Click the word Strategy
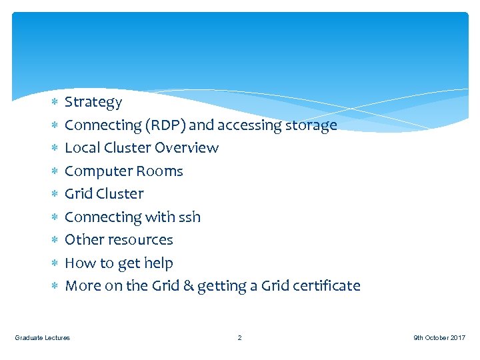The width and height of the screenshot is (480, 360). (x=93, y=102)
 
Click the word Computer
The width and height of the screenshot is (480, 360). (x=98, y=171)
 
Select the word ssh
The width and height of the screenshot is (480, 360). (x=190, y=217)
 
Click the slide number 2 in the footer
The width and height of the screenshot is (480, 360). (x=240, y=338)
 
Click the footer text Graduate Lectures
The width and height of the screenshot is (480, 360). (x=43, y=338)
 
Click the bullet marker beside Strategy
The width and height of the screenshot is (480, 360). (x=55, y=103)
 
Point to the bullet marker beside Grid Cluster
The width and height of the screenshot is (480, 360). (x=55, y=195)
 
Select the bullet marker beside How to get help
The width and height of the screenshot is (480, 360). (x=55, y=264)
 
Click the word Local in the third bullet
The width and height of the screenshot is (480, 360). (x=80, y=148)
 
